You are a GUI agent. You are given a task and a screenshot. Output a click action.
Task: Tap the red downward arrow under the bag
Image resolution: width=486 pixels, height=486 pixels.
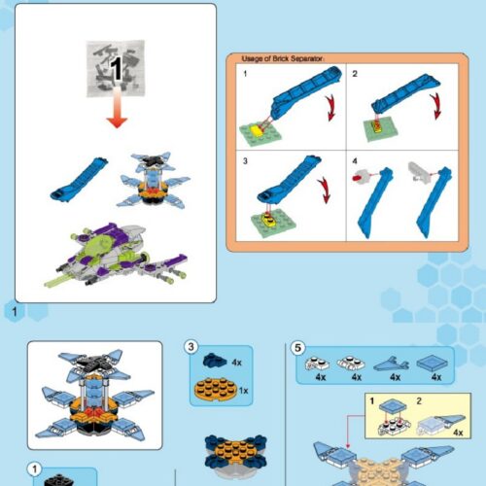[117, 115]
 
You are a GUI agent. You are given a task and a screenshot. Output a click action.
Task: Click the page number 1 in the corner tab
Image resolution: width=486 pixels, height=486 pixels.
[13, 310]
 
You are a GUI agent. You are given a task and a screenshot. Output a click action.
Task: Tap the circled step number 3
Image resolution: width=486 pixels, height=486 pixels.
[192, 347]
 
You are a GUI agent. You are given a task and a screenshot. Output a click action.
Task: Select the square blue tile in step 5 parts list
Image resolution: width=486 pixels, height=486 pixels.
[431, 362]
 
